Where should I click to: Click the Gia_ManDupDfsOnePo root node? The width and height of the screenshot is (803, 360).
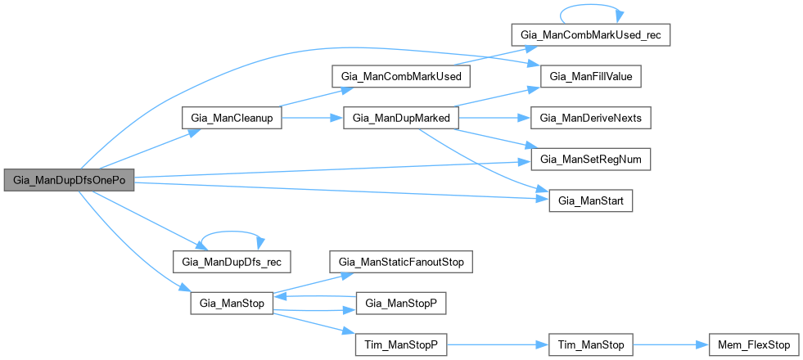tap(69, 180)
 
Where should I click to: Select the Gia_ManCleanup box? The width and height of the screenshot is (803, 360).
tap(232, 117)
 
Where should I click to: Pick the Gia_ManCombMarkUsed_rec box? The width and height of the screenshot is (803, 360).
tap(590, 35)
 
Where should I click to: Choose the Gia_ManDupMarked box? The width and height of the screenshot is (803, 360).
tap(400, 117)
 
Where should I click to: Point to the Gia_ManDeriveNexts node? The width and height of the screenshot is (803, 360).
tap(590, 117)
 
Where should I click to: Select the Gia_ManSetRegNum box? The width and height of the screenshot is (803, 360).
tap(590, 159)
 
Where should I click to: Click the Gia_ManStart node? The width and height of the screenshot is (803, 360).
tap(590, 200)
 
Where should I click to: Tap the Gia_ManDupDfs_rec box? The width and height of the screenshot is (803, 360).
tap(232, 262)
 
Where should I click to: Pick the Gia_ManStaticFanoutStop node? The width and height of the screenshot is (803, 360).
tap(401, 262)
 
